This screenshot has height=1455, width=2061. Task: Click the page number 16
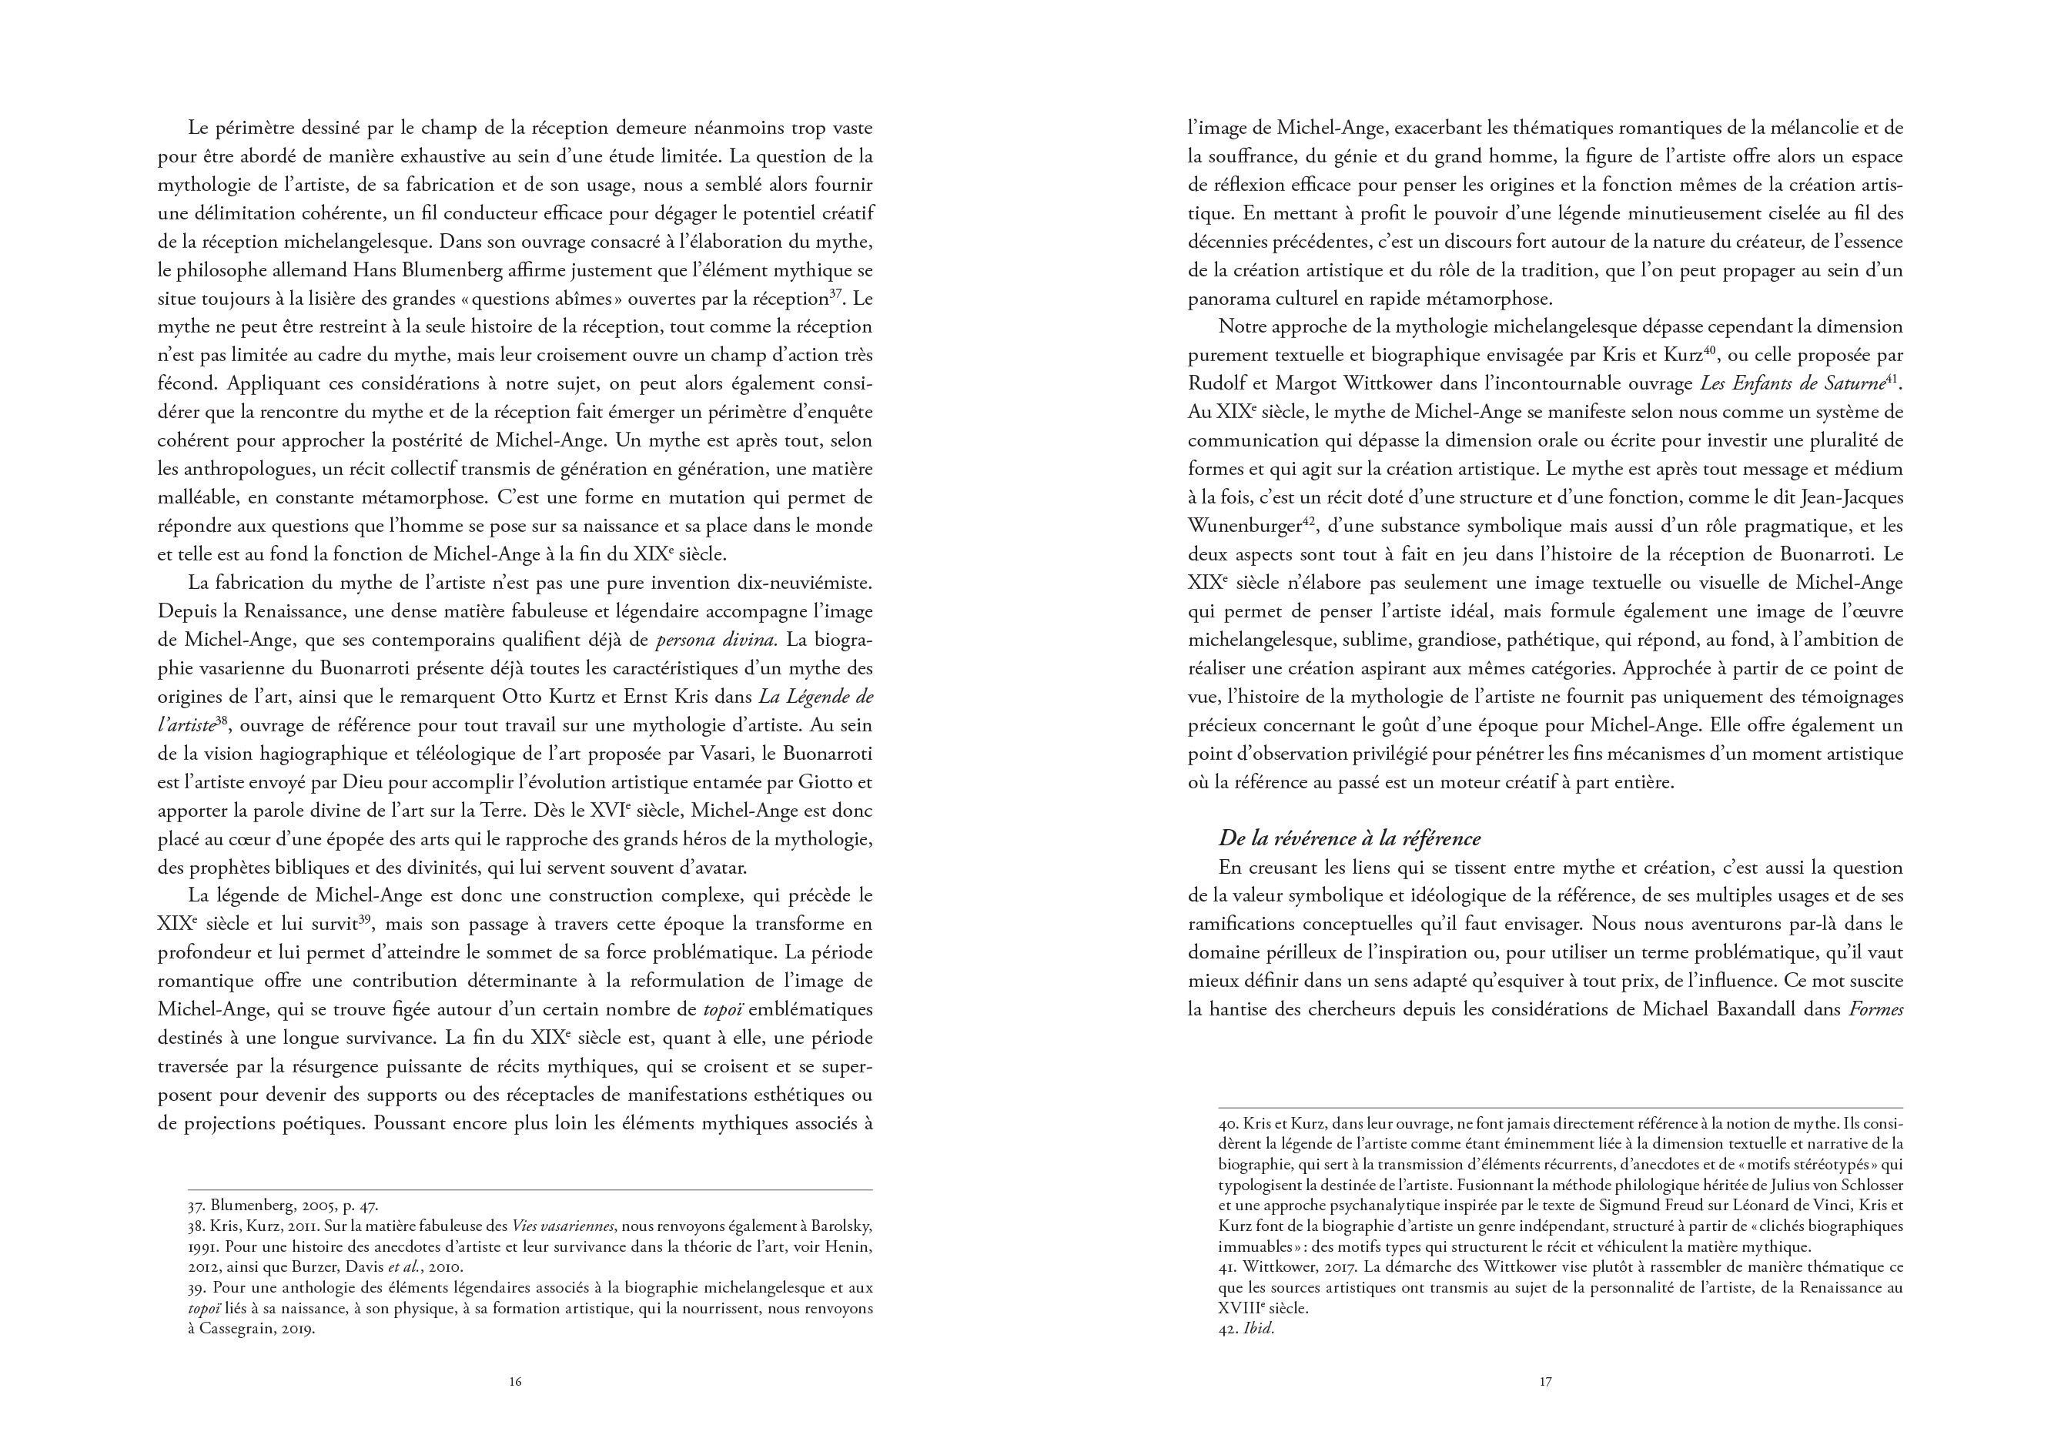point(515,1381)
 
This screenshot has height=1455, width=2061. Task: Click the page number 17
point(1545,1381)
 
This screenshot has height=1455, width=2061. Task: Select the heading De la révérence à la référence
point(1349,838)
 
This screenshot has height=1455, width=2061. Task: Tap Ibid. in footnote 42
point(1259,1329)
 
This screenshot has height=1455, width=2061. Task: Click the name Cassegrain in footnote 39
point(235,1329)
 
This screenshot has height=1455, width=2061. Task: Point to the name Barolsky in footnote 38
point(835,1226)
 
